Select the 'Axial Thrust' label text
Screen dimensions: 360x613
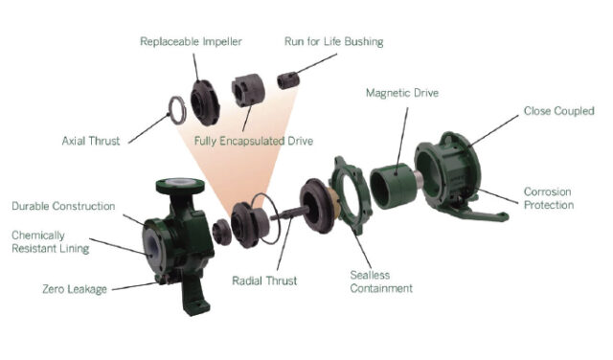coord(90,141)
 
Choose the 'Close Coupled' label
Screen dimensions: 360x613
coord(557,110)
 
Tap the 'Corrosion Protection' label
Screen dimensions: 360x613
coord(549,198)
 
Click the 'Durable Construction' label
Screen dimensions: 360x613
coord(63,206)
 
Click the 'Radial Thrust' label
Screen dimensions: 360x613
coord(264,281)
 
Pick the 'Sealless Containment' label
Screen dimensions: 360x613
coord(380,281)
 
